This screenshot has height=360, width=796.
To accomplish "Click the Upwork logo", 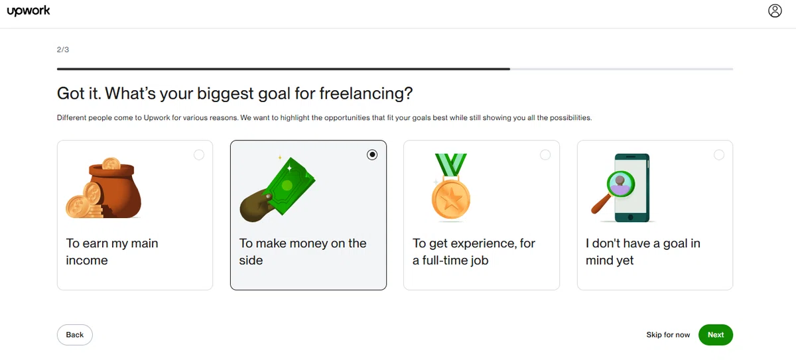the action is (29, 11).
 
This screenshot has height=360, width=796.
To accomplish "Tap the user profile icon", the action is (775, 11).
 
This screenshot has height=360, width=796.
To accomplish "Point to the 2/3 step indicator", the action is (63, 50).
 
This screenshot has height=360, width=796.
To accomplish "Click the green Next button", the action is (715, 335).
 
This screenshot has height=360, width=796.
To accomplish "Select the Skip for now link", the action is (668, 335).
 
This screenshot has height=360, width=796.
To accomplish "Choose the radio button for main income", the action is (199, 154).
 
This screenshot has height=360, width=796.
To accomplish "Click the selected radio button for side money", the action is (372, 154).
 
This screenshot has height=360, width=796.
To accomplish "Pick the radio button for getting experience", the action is (545, 154).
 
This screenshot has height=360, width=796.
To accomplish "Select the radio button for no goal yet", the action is (719, 154).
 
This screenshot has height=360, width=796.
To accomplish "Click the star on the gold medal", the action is (451, 200).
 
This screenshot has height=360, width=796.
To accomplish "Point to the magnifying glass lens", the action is (620, 184).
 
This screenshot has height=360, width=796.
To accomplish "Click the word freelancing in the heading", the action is (365, 93).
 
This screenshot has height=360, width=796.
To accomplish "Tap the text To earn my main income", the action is (112, 252).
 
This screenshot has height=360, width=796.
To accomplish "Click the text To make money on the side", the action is (302, 252).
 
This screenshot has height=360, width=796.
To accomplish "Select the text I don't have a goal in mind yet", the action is (643, 252).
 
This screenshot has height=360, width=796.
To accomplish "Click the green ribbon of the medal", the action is (451, 164).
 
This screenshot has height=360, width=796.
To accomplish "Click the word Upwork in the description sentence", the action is (157, 118).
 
